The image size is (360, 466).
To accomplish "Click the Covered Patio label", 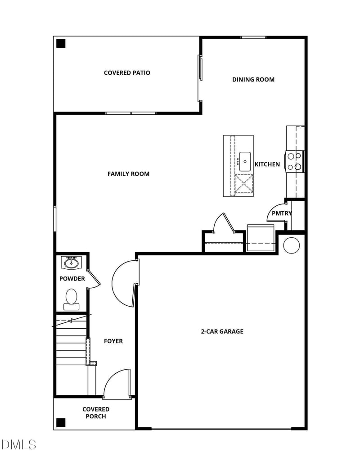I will coord(127,73).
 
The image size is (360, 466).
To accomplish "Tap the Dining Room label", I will coord(253,80).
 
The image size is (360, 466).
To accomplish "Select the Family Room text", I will coord(128,174).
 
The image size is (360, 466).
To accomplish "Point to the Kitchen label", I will coord(267,164).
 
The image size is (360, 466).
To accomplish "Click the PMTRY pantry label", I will coord(282,213).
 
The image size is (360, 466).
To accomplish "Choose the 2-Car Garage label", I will coord(222,331).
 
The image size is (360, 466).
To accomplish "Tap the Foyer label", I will coord(113,341).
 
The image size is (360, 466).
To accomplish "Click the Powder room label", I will coord(72,279).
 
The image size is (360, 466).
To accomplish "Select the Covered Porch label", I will coord(96,413).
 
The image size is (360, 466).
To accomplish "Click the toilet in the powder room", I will coord(71,299).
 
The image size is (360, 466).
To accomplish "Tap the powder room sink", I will coord(71,262).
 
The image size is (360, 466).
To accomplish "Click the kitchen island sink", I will coord(245,161).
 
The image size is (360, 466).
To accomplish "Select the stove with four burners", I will coord(295,162).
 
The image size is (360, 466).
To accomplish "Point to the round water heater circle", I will coord(291,245).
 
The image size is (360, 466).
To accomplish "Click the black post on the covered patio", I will coord(61,44).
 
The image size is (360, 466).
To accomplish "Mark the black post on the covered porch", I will coord(61,423).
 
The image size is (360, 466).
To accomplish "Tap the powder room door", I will coord(94,279).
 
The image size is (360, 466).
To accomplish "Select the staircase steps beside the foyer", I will coord(71,347).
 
